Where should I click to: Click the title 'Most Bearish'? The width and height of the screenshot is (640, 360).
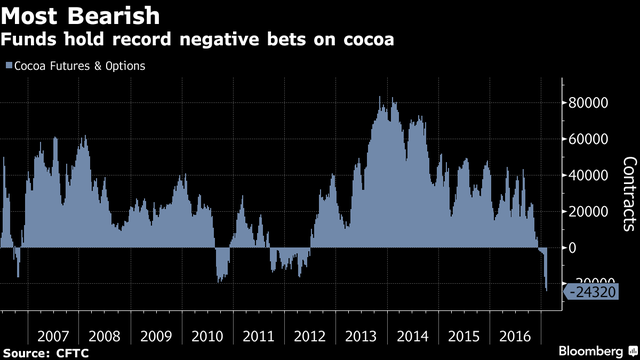pos(80,16)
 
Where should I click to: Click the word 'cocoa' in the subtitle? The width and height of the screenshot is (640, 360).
pos(369,39)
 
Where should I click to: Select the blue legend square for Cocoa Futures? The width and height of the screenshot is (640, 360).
pos(9,65)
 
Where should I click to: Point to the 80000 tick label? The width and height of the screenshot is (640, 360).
pos(588,103)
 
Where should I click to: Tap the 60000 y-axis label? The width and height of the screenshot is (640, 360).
pos(588,139)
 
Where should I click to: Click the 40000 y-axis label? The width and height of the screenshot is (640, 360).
pos(588,176)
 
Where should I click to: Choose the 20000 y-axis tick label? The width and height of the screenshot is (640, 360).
pos(588,212)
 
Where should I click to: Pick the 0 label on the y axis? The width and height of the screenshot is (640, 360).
pos(572,248)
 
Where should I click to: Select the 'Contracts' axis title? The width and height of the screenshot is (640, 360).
pos(630,194)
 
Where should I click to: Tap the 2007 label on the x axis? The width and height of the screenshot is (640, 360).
pos(53,336)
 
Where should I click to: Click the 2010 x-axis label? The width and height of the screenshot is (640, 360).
pos(207,336)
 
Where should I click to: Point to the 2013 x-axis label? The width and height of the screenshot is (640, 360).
pos(361,336)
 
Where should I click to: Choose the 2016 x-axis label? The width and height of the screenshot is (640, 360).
pos(515,336)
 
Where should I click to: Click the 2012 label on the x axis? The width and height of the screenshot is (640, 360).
pos(310,336)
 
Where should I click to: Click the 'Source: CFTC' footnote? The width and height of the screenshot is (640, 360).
pos(46,353)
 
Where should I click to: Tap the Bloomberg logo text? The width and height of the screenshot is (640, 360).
pos(591,351)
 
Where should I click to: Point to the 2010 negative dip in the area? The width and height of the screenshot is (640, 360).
pos(222,264)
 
